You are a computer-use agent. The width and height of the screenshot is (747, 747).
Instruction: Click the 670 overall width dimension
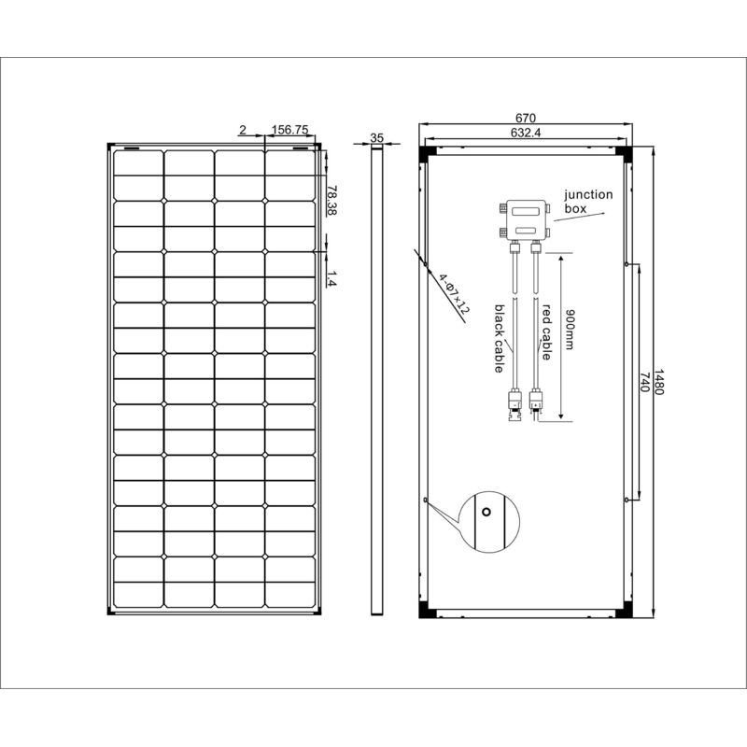click(526, 118)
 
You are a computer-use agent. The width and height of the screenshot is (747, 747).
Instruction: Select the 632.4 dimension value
click(526, 133)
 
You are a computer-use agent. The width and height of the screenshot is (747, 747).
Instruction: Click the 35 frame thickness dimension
click(377, 137)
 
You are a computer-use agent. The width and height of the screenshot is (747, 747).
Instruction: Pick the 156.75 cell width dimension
click(289, 131)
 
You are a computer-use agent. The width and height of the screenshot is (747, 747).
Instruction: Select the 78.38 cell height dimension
click(332, 201)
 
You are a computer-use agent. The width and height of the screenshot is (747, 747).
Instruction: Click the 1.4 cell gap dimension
click(332, 276)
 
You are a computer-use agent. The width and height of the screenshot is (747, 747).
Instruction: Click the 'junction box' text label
click(587, 202)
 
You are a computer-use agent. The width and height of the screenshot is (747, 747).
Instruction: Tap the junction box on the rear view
click(520, 218)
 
